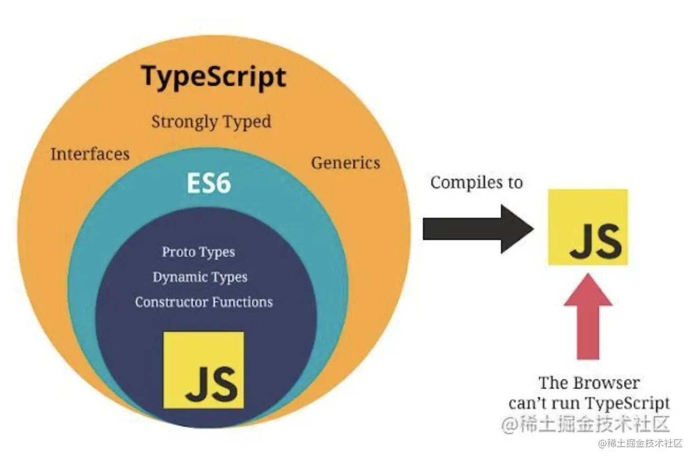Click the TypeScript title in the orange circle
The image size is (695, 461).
coord(214,77)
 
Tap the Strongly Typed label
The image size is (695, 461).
coord(211,122)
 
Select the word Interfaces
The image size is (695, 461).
coord(90,154)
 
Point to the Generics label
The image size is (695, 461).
coord(345,162)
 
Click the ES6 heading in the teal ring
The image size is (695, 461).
coord(209,184)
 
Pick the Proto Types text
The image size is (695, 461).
coord(198,252)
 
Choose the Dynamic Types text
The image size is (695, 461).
coord(200,277)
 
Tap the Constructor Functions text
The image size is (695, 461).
coord(204,302)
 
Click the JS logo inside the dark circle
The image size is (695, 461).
coord(204,370)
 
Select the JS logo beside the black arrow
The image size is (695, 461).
coord(588,227)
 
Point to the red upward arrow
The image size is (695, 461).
coord(588,316)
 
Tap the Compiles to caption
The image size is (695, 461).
coord(477,183)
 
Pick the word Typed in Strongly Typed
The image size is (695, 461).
coord(246,122)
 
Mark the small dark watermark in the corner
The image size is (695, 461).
coord(640,443)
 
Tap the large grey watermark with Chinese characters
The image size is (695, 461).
coord(585,424)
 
